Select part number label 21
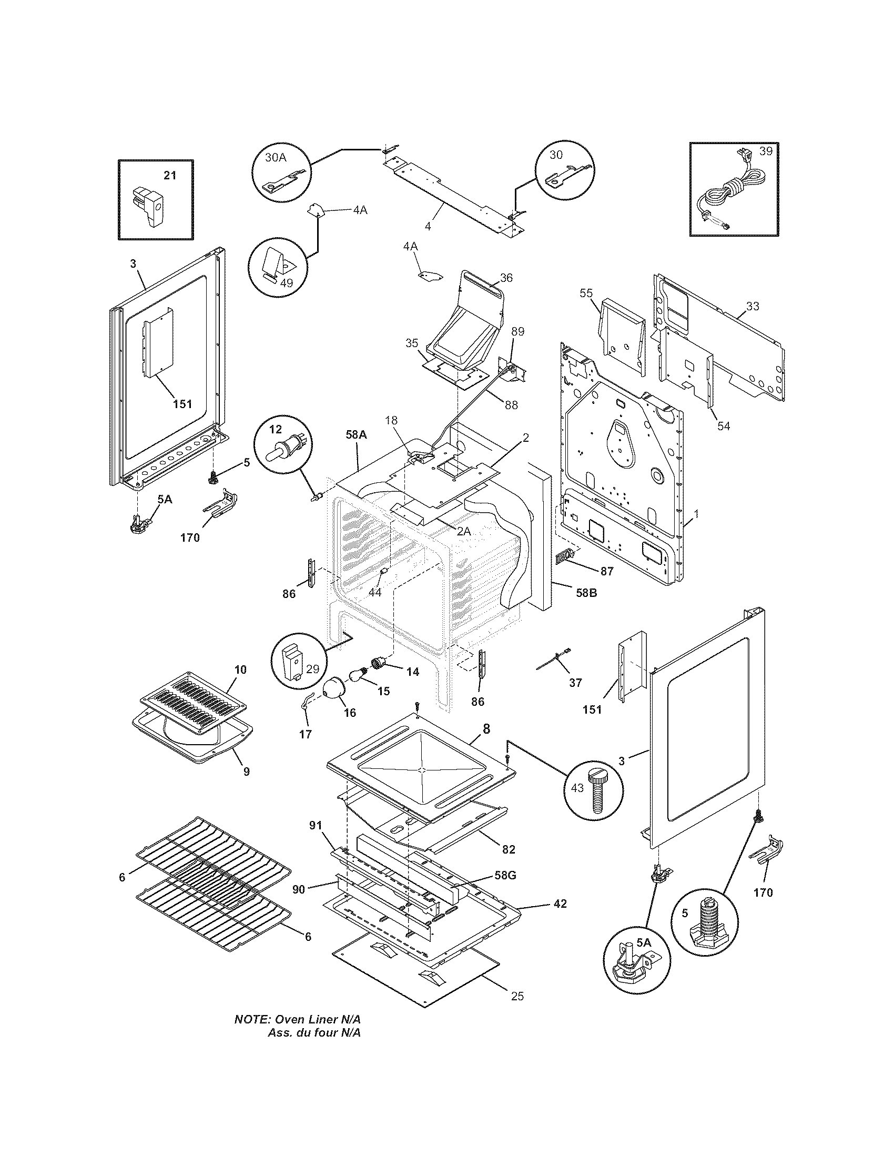pos(169,175)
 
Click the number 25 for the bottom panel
pos(517,996)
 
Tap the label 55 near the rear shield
pos(586,293)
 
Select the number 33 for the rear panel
pos(752,306)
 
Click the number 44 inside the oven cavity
pos(374,592)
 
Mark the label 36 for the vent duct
pos(506,278)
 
